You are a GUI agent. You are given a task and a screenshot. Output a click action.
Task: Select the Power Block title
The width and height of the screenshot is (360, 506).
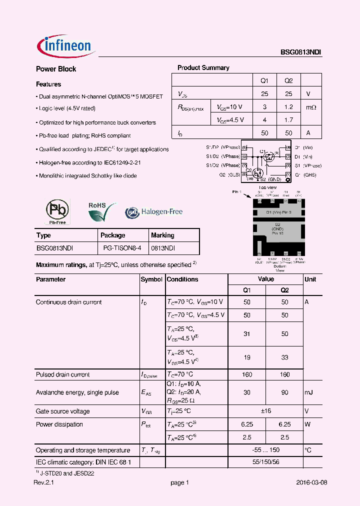[56, 69]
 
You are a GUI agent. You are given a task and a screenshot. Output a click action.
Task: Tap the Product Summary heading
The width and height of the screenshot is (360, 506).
[203, 67]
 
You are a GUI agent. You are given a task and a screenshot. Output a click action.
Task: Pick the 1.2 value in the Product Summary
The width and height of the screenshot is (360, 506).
[288, 106]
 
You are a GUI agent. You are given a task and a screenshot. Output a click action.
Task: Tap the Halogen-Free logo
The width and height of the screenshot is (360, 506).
[154, 212]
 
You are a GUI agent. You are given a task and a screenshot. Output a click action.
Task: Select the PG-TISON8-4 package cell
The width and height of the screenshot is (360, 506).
[122, 247]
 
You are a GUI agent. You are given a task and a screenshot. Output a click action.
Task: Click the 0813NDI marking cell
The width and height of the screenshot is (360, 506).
[163, 247]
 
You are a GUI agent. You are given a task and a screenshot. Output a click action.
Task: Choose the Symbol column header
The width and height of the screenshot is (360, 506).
[151, 279]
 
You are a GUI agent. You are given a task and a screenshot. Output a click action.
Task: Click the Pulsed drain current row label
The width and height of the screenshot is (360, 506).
[62, 374]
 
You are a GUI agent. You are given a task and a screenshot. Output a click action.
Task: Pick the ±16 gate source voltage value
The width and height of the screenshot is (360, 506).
[265, 411]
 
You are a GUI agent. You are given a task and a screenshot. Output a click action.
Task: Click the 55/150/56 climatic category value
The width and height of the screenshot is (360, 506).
[265, 462]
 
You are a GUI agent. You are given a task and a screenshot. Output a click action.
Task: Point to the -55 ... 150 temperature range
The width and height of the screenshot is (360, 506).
[265, 450]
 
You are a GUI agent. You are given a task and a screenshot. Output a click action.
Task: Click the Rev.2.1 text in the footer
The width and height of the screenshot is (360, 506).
[43, 482]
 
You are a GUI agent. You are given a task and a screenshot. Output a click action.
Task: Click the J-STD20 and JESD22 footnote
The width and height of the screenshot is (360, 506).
[66, 472]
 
